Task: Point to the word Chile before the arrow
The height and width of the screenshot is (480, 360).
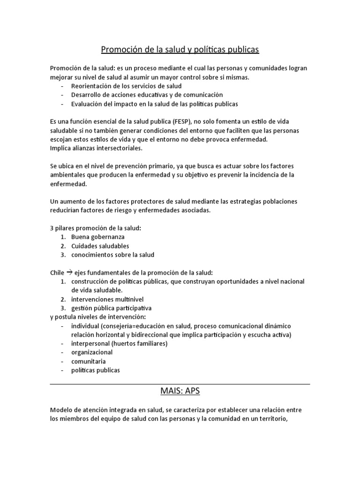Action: pos(57,273)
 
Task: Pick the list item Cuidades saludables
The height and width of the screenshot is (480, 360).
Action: pos(100,246)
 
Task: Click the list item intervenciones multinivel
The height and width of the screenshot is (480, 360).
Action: pos(107,299)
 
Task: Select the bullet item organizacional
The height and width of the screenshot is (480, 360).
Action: pos(92,352)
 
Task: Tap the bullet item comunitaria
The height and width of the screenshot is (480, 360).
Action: pos(88,361)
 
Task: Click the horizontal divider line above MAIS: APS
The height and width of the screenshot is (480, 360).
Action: pos(180,383)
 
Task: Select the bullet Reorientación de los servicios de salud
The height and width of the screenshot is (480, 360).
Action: pos(126,86)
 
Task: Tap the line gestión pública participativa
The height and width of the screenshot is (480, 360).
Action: pos(111,308)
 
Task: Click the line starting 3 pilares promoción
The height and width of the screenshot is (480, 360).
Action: pos(95,228)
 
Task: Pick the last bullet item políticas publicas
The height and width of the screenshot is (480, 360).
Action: pos(96,370)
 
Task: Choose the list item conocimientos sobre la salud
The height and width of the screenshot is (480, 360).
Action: pos(112,255)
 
